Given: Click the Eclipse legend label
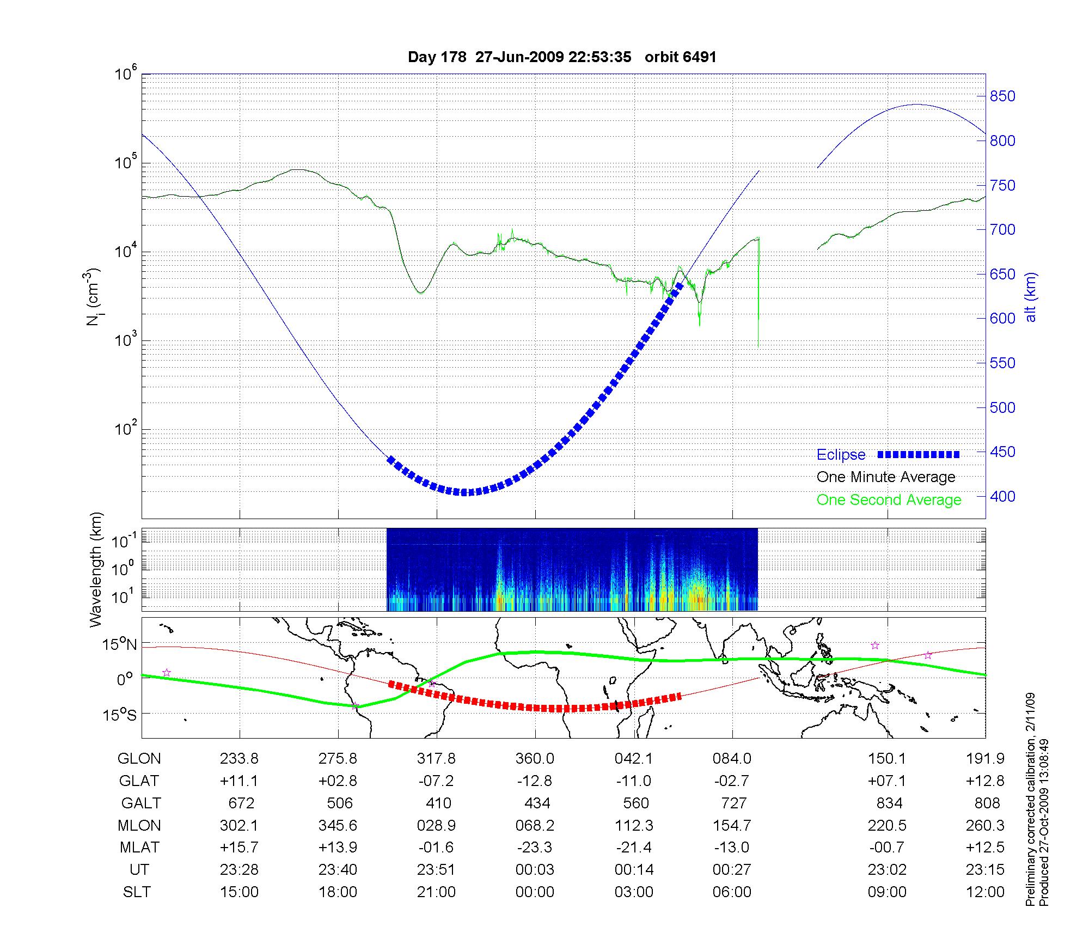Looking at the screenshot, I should tap(841, 455).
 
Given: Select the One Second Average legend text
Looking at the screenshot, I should tap(889, 500).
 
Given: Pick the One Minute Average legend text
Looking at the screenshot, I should tap(886, 477).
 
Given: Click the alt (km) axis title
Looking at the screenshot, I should tap(1031, 297).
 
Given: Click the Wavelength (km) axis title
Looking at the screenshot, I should tap(96, 570).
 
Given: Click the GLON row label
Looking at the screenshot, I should tap(139, 759).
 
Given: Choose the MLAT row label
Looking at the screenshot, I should tap(139, 848).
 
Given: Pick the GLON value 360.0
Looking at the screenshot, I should tap(535, 759).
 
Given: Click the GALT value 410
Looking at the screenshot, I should tap(438, 803).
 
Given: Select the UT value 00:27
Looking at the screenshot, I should tap(732, 870).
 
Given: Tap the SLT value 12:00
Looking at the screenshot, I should tap(985, 892).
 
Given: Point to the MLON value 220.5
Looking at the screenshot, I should tap(887, 826).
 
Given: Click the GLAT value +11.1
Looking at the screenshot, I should tap(239, 781).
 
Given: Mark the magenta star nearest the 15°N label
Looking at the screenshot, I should tap(167, 673).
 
